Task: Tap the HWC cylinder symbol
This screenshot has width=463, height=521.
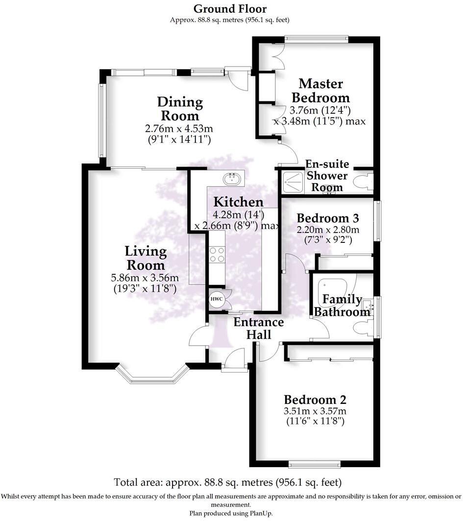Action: (x=216, y=299)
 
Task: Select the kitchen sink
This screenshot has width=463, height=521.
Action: (x=233, y=179)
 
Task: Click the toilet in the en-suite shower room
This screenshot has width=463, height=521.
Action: (x=365, y=181)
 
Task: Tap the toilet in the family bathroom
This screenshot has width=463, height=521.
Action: (x=365, y=328)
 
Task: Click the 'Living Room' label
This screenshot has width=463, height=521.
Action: (x=146, y=258)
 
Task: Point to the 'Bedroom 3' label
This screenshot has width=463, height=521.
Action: (x=328, y=218)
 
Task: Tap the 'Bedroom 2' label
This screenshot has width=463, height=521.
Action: (x=315, y=399)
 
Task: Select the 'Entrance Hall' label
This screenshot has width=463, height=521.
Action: (x=258, y=328)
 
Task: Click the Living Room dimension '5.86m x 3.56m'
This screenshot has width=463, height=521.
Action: (x=145, y=278)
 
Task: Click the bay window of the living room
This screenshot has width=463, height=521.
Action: (x=152, y=377)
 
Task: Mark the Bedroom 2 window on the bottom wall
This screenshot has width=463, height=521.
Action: (x=314, y=464)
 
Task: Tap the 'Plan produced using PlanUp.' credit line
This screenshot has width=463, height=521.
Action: (x=231, y=513)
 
